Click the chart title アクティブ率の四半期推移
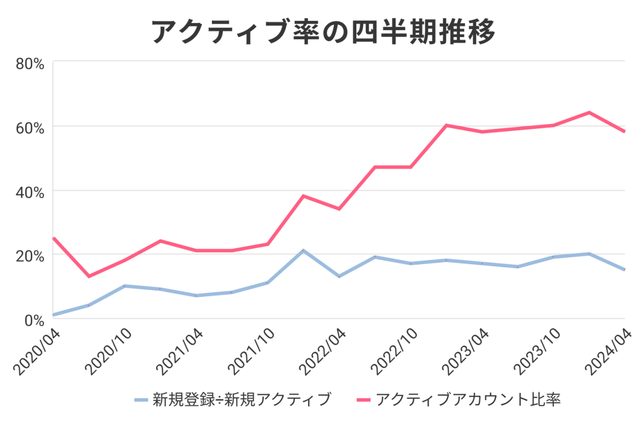click(x=323, y=31)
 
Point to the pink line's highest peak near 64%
click(x=589, y=112)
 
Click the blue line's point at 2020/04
click(x=54, y=315)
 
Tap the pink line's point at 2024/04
click(x=625, y=132)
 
